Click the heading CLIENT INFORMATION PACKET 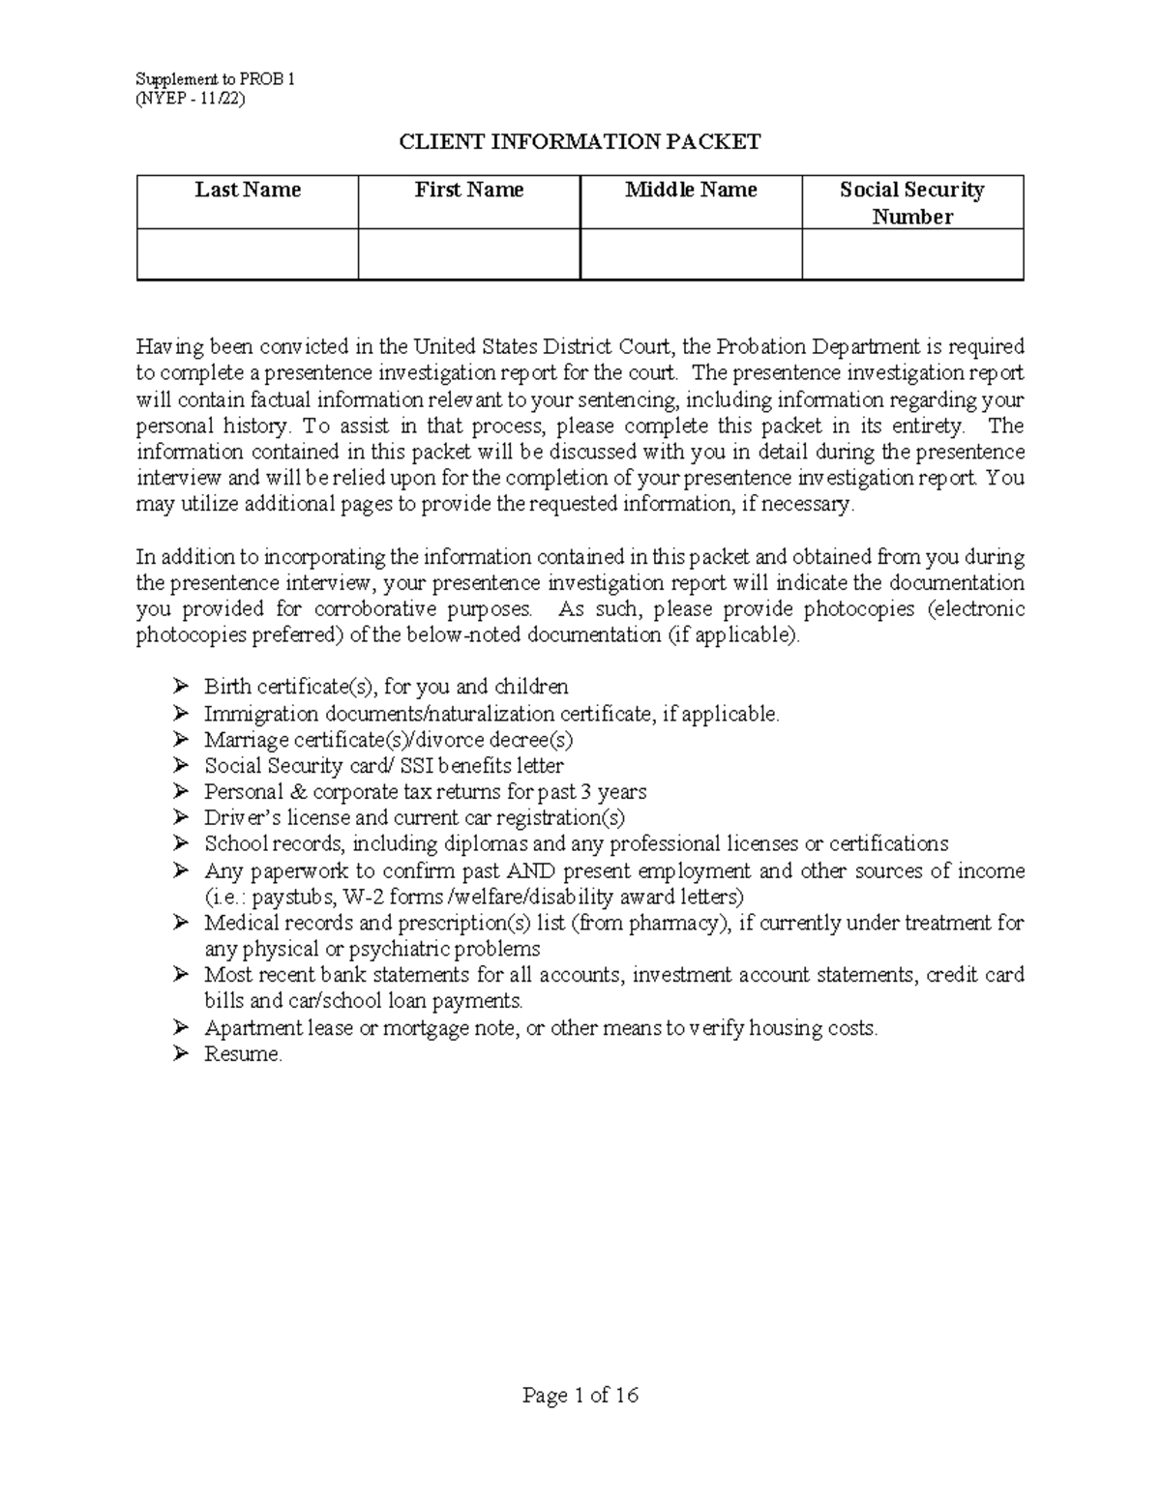pyautogui.click(x=580, y=142)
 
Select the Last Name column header pyautogui.click(x=248, y=190)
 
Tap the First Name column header pyautogui.click(x=469, y=190)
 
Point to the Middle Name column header pyautogui.click(x=691, y=190)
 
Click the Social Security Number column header pyautogui.click(x=912, y=202)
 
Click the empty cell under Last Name pyautogui.click(x=248, y=254)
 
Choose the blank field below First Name pyautogui.click(x=469, y=254)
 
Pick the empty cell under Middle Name pyautogui.click(x=691, y=254)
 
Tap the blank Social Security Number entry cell pyautogui.click(x=912, y=254)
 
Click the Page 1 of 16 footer pyautogui.click(x=580, y=1395)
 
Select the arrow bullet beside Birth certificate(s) pyautogui.click(x=180, y=687)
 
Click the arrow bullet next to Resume pyautogui.click(x=180, y=1054)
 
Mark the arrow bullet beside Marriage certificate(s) pyautogui.click(x=180, y=740)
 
